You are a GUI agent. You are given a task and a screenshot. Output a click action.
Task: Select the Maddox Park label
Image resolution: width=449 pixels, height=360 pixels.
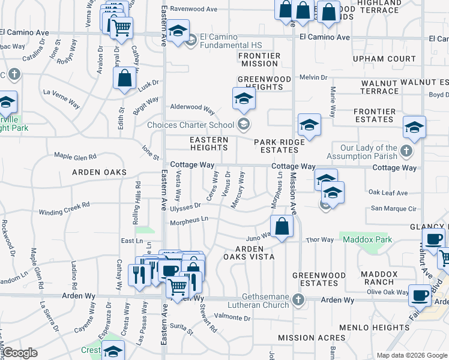click(368, 240)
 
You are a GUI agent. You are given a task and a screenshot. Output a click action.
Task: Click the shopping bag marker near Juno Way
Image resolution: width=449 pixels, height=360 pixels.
click(282, 226)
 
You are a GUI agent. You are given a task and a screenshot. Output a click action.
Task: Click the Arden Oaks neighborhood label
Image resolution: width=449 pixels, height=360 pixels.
click(100, 172)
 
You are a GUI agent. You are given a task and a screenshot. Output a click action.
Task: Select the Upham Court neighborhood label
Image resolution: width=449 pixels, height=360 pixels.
click(384, 59)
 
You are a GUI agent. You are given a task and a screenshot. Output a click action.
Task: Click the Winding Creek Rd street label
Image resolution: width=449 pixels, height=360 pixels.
click(64, 209)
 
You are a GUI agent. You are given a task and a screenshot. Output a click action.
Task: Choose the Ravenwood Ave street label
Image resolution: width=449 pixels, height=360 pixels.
click(193, 10)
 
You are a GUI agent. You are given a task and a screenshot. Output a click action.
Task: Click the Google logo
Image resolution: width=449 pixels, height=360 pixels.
click(20, 353)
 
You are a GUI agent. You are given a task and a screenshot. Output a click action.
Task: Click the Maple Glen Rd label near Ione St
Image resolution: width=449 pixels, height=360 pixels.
click(75, 157)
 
